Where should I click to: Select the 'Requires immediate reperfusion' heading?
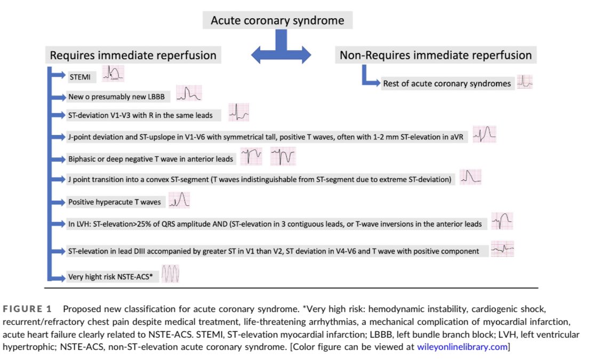[x=133, y=55]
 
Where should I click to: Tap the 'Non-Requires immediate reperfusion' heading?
[x=435, y=55]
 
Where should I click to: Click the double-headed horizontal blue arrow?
[x=281, y=53]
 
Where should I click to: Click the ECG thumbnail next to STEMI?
[x=113, y=74]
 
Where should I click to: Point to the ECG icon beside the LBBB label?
[x=188, y=94]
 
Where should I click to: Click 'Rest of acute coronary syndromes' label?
[x=447, y=83]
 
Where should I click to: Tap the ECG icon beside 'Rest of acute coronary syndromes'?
[x=525, y=82]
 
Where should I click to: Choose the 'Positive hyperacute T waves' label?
[x=114, y=202]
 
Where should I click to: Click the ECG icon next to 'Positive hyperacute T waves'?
[x=179, y=200]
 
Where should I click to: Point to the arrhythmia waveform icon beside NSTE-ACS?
[x=171, y=274]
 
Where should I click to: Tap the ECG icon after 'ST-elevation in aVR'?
[x=485, y=134]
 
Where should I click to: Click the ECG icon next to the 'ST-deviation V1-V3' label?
[x=238, y=113]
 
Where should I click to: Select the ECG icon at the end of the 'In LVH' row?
[x=502, y=221]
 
